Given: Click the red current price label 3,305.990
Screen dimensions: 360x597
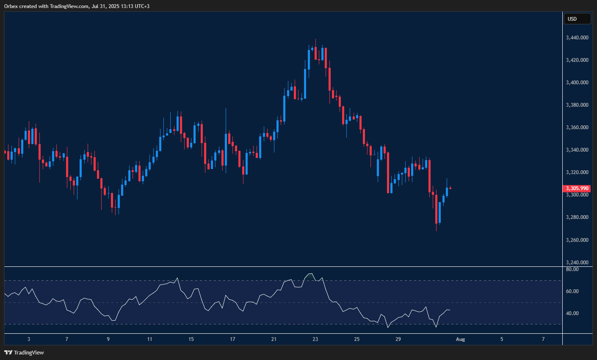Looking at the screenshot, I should (x=577, y=188).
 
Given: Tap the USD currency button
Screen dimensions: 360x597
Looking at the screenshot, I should (x=577, y=19).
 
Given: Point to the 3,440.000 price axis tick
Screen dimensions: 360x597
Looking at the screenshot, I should (x=577, y=38).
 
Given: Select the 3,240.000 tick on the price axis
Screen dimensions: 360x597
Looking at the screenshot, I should (x=577, y=263).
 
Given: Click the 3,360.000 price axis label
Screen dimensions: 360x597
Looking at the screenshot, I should (x=577, y=127).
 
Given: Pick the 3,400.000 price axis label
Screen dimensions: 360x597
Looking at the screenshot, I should (x=577, y=83).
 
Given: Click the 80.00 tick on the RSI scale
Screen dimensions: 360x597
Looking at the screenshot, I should (x=572, y=269).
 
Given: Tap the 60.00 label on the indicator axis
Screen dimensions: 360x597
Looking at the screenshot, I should (x=572, y=291).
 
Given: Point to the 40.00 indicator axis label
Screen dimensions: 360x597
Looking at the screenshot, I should (x=572, y=313).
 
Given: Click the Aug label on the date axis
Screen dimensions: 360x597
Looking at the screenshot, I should (x=460, y=339).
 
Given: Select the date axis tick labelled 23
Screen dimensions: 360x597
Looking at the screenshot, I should (x=315, y=339).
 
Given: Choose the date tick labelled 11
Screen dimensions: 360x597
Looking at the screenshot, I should (x=150, y=339).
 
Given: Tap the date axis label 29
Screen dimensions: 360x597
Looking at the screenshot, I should (x=398, y=339).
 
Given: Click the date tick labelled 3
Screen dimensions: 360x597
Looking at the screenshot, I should (x=29, y=339).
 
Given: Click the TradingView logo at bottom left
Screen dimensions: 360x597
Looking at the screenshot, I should (x=24, y=352).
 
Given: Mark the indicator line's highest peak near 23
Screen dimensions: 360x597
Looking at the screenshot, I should (x=311, y=274).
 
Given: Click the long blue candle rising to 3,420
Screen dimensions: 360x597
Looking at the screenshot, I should (x=305, y=83).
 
